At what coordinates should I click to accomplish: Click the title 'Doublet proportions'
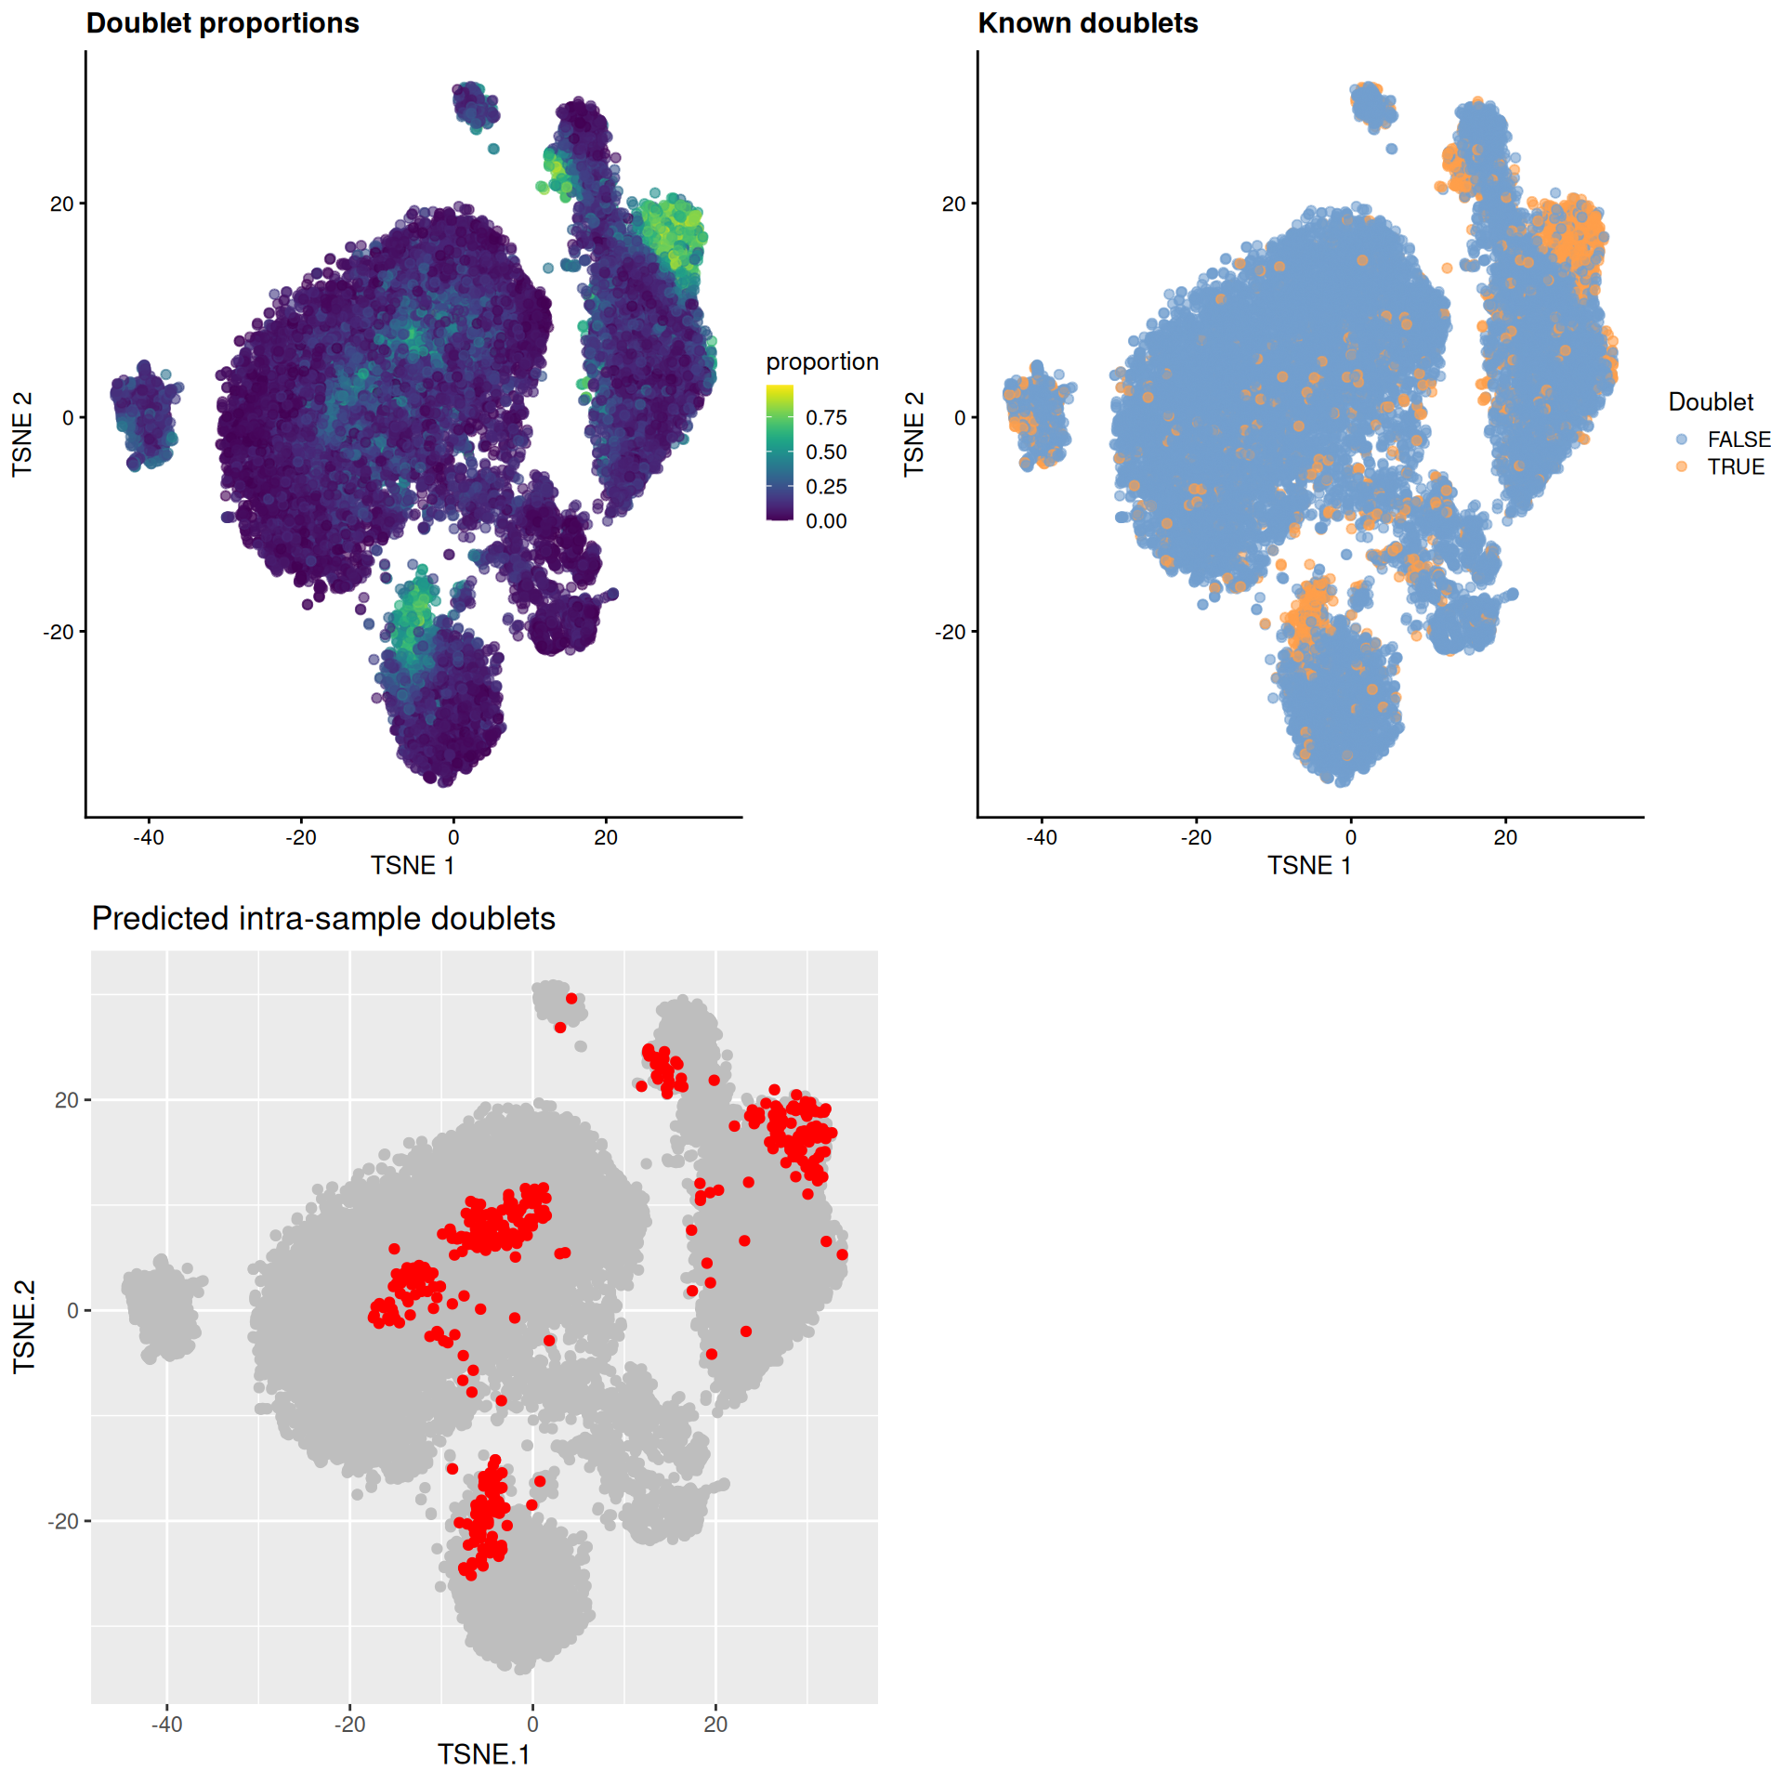222,23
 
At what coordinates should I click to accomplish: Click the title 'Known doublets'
1087,23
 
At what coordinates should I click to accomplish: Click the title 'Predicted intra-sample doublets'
323,918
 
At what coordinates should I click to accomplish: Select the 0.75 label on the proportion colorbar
826,418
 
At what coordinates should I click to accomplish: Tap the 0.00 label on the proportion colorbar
826,521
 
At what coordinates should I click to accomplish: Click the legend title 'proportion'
821,361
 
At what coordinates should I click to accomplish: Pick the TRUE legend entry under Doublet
1735,466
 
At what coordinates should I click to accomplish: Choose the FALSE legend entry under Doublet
1738,439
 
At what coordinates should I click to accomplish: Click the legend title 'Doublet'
1711,402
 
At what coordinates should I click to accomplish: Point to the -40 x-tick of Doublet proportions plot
148,837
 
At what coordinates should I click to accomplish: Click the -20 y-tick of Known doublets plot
951,632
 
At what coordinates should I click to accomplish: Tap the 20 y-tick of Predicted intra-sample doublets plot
67,1100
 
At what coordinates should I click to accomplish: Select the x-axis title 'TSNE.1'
483,1754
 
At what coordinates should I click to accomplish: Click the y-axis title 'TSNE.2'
24,1327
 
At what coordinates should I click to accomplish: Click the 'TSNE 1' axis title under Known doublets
1309,866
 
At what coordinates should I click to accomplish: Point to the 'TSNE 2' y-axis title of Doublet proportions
22,434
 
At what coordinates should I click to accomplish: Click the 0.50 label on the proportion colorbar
826,453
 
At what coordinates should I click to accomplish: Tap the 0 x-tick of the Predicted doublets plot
532,1725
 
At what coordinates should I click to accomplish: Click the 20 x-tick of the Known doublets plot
1505,837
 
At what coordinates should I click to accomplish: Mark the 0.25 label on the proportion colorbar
826,487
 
